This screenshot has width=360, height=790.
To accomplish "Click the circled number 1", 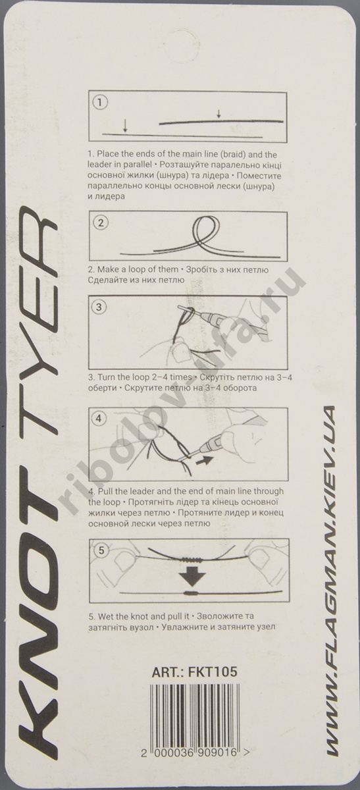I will point(99,103).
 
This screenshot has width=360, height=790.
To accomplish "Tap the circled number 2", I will point(99,223).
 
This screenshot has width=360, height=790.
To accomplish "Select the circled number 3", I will point(99,307).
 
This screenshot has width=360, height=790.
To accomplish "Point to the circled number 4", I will point(99,418).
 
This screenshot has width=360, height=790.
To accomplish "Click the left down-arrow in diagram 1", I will point(125,125).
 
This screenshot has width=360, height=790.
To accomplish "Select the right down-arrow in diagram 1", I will point(219,114).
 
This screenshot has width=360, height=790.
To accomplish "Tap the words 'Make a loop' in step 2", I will point(124,270).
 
